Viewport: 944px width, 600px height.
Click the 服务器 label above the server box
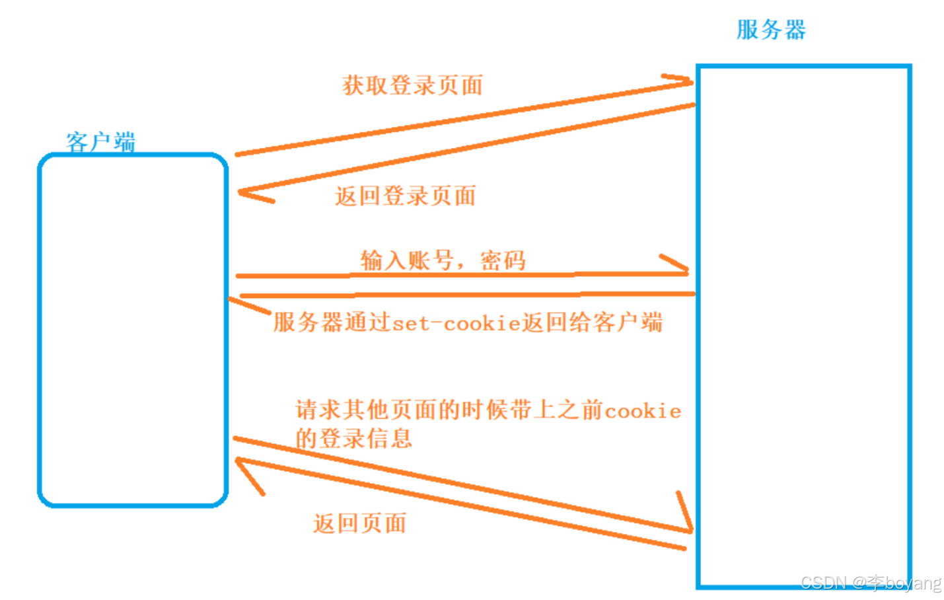771,30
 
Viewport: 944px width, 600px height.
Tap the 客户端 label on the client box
100,141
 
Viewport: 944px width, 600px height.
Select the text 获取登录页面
412,86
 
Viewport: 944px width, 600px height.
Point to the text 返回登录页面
405,196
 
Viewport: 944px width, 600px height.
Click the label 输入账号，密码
443,260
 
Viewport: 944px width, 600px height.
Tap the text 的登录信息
353,439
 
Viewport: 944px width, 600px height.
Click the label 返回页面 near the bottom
359,524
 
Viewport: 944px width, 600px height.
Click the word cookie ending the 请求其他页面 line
642,412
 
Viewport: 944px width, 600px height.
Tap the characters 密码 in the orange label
503,261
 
